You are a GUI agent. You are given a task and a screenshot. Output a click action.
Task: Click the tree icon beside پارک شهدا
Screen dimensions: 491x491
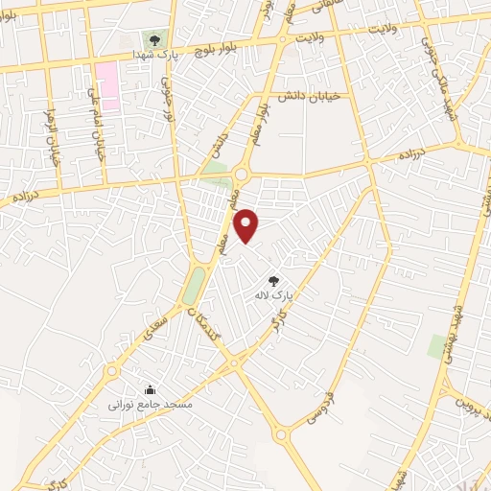(154, 39)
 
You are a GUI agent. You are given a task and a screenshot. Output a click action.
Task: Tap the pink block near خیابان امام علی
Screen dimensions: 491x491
(105, 86)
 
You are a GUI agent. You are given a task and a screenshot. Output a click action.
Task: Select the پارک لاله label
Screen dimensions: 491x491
(273, 296)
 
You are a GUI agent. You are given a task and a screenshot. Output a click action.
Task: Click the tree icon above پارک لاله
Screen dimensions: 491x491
(273, 280)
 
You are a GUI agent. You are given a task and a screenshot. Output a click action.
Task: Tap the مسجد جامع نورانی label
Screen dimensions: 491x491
(151, 406)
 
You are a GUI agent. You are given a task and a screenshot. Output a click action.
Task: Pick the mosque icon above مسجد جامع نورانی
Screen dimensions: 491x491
(151, 389)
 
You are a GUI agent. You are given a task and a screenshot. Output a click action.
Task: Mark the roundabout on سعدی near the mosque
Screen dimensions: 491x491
(112, 369)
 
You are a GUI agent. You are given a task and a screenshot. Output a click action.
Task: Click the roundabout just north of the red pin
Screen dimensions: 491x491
(240, 175)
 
